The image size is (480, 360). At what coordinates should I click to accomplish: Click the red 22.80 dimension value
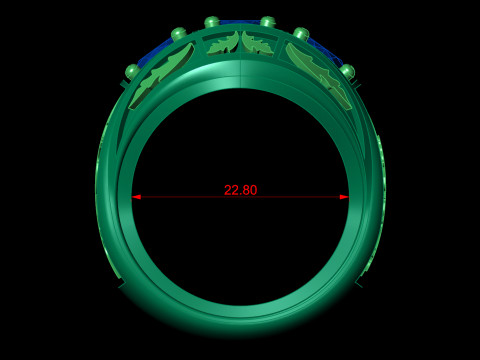(240, 190)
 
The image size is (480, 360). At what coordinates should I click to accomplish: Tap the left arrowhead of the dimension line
(136, 197)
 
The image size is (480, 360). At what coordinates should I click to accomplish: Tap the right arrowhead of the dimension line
(344, 197)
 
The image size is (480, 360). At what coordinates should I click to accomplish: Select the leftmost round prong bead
(132, 71)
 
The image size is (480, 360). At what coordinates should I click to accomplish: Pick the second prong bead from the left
(179, 35)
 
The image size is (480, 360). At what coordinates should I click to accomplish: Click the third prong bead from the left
(212, 23)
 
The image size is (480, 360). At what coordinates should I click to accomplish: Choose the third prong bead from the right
(267, 23)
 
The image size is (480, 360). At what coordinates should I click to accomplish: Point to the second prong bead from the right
(300, 35)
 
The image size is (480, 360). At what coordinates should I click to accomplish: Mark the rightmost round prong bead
(347, 71)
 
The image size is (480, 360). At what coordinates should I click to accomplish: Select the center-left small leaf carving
(224, 43)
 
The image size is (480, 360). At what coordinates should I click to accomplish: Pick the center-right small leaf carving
(257, 43)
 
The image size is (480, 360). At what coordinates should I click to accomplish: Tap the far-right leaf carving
(319, 75)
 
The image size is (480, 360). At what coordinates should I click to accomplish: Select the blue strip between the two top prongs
(240, 22)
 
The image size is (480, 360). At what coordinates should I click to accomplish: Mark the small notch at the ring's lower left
(122, 284)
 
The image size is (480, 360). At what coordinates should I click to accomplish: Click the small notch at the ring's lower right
(358, 284)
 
